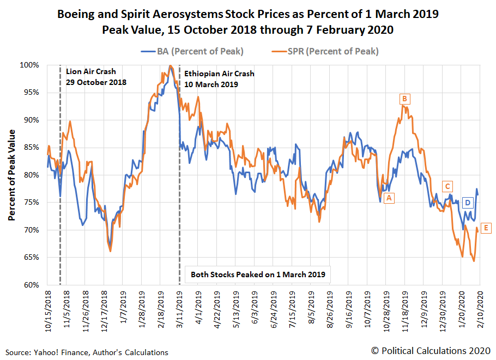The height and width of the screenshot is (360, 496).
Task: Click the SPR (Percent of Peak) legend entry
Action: [x=324, y=51]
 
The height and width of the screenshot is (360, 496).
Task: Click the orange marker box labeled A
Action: [x=389, y=198]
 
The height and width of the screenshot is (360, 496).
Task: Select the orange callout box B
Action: [x=404, y=99]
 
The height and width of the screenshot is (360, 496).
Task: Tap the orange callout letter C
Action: [x=447, y=186]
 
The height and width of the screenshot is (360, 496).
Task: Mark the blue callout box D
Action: [x=467, y=203]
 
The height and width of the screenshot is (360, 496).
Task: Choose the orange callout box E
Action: [x=486, y=228]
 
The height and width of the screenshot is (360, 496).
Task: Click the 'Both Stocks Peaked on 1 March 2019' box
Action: [x=258, y=274]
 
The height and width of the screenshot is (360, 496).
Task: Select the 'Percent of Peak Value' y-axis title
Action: [x=11, y=175]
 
